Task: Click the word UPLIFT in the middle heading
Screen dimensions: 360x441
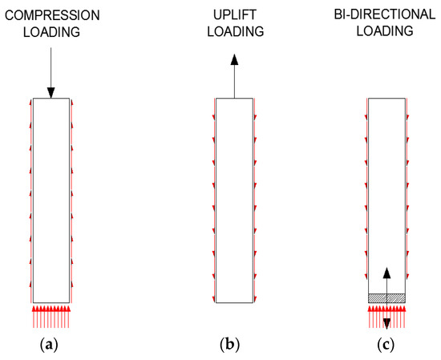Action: (x=234, y=15)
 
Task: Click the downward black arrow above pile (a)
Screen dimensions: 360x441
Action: (x=51, y=72)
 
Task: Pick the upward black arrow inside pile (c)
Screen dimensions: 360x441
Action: (x=386, y=281)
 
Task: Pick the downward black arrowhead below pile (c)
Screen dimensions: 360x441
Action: (x=386, y=322)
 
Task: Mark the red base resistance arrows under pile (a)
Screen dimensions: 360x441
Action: (x=51, y=316)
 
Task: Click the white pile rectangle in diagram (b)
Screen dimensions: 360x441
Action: (x=234, y=200)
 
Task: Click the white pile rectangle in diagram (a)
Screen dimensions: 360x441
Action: (x=51, y=200)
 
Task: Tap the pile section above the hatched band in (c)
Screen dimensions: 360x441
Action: (x=386, y=192)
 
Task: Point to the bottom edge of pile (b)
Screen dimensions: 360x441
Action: (x=234, y=303)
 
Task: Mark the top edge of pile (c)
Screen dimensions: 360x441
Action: (x=386, y=99)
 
